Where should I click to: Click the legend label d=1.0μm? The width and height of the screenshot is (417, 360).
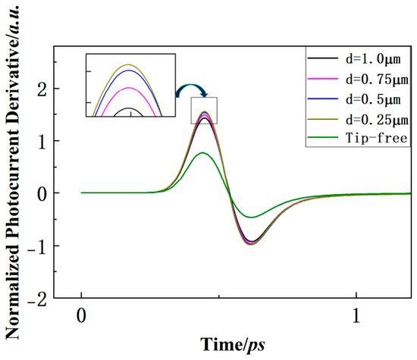pyautogui.click(x=373, y=59)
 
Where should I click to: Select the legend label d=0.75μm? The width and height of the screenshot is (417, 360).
pyautogui.click(x=377, y=80)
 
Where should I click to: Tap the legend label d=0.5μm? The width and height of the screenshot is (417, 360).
pyautogui.click(x=373, y=99)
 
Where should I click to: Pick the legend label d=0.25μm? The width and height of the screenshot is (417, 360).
pyautogui.click(x=377, y=120)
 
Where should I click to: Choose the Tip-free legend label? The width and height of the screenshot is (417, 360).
pyautogui.click(x=377, y=138)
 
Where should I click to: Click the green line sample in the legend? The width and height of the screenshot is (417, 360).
pyautogui.click(x=322, y=137)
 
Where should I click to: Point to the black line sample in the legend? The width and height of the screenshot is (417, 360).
pyautogui.click(x=322, y=58)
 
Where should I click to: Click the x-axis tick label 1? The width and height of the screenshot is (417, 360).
pyautogui.click(x=356, y=315)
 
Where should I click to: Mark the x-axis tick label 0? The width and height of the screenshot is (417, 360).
pyautogui.click(x=81, y=315)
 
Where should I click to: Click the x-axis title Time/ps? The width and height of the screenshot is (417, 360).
pyautogui.click(x=233, y=345)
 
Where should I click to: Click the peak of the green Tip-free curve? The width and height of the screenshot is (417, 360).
pyautogui.click(x=202, y=152)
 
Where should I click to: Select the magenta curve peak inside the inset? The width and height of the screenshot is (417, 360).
pyautogui.click(x=129, y=88)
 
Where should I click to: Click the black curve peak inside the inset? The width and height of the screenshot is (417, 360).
pyautogui.click(x=129, y=108)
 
